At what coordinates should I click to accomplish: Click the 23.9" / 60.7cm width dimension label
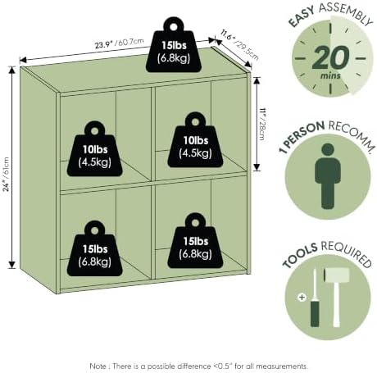coord(120,43)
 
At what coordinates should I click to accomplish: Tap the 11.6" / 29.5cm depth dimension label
coord(239,45)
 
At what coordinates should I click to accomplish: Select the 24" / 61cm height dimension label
coord(7,174)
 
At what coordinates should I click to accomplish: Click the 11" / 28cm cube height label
coord(262,125)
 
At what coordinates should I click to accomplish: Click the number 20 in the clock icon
coord(330,58)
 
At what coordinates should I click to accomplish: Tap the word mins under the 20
coord(330,75)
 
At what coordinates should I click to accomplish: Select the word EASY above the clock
coord(302,18)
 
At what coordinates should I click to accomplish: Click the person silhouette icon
coord(328,176)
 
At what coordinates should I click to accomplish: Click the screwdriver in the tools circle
coord(315,298)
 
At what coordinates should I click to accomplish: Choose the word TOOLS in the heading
coord(300,255)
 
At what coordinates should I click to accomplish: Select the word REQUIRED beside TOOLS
coord(347,253)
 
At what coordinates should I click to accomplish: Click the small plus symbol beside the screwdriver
coord(302,297)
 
